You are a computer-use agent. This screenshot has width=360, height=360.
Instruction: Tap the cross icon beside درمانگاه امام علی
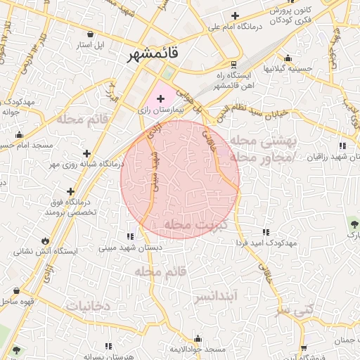coord(236,15)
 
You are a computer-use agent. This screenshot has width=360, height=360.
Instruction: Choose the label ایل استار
coord(90,45)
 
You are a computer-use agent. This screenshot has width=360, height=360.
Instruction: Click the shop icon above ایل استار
coord(90,34)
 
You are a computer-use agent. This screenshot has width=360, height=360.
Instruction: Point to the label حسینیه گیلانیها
coord(287,69)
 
